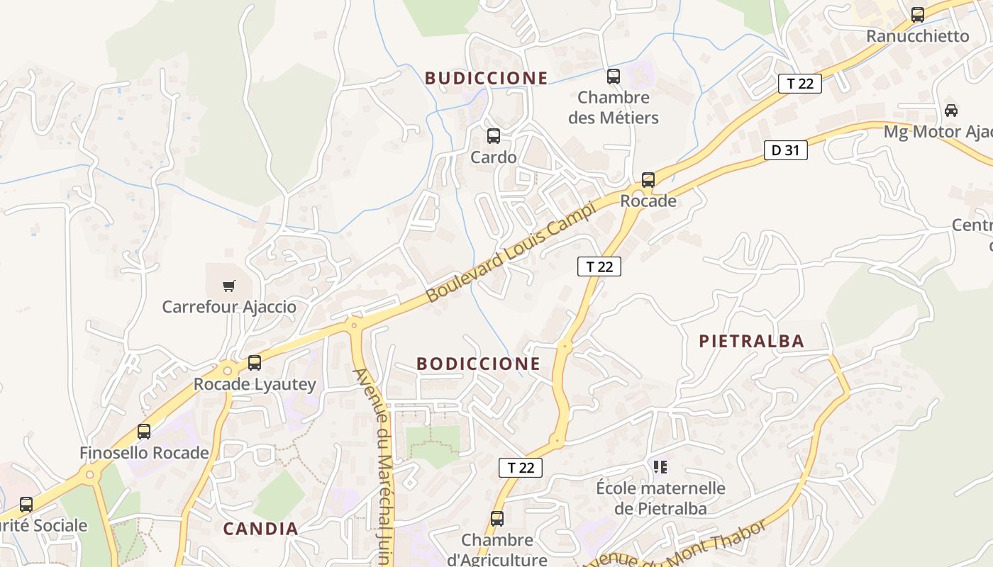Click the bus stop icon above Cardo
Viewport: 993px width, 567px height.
pos(494,136)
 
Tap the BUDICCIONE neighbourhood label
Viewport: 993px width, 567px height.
pos(487,78)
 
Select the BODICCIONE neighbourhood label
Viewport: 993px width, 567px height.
pos(478,364)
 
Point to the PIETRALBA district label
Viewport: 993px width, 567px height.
pos(752,342)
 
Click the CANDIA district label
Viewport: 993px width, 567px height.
pos(260,529)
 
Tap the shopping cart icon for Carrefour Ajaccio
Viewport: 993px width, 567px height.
pos(228,286)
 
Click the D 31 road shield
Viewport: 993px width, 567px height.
pos(785,150)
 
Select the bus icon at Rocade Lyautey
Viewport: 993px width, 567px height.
pos(255,363)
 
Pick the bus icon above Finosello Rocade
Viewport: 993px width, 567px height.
pos(144,431)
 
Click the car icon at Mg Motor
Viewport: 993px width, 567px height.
pos(951,111)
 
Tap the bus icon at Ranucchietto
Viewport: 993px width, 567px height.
pos(918,14)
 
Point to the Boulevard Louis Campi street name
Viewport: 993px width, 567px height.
pos(509,253)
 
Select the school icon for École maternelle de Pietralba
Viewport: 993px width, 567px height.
pos(660,467)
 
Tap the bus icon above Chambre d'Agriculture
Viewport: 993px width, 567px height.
pos(497,519)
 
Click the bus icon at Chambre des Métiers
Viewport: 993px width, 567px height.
pos(614,77)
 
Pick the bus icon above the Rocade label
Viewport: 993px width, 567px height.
pos(648,180)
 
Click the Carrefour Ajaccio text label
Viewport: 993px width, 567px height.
pos(229,308)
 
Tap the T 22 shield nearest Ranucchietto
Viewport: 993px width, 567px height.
pos(799,84)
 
